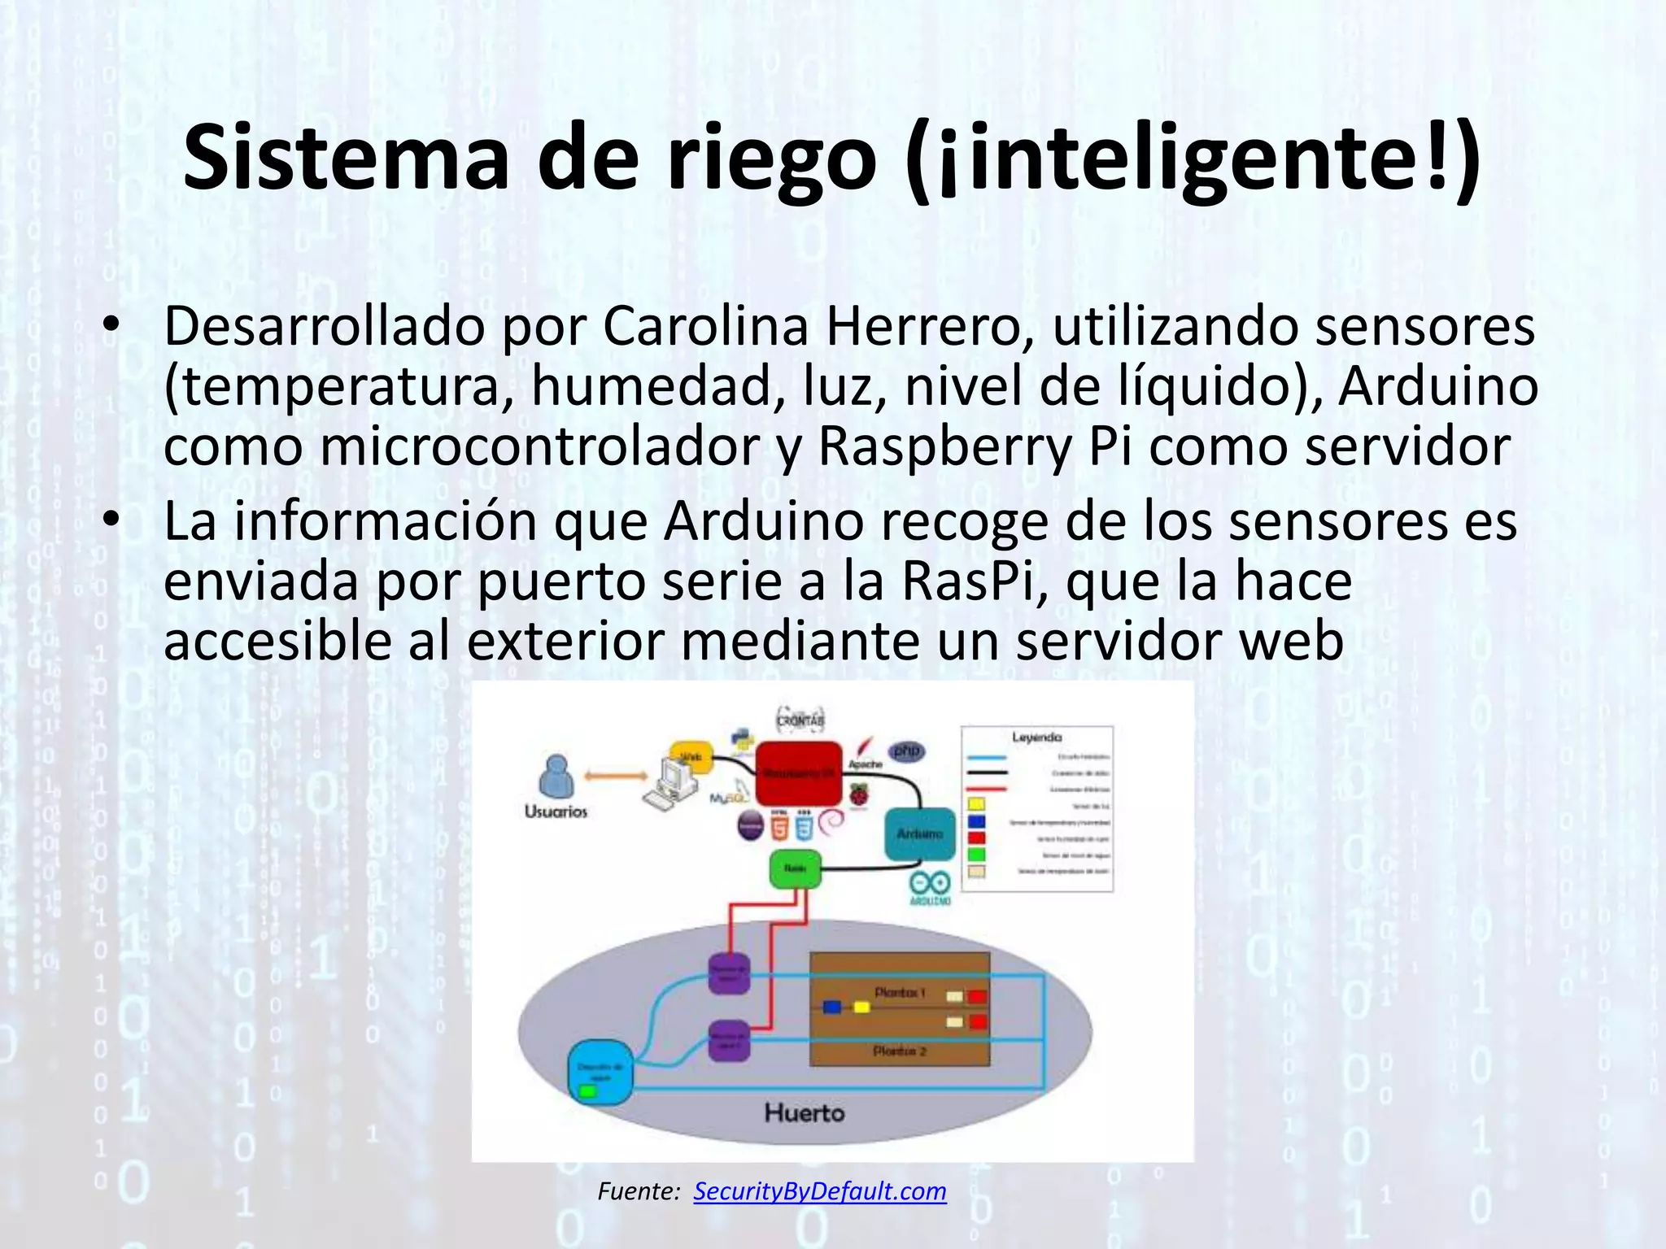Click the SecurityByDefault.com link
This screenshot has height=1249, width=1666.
pos(820,1191)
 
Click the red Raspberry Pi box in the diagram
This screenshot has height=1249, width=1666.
pos(798,772)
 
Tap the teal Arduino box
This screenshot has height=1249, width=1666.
pos(920,833)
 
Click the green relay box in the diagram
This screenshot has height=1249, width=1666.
pos(795,869)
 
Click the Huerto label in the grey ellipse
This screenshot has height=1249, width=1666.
pos(805,1112)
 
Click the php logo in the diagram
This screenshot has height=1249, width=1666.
pos(905,751)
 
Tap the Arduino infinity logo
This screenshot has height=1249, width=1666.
pos(930,884)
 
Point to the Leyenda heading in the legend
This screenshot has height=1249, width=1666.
pos(1036,738)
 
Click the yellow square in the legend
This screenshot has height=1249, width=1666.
pos(976,804)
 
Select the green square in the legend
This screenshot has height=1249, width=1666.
pos(976,855)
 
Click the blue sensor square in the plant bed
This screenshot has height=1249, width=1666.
pos(831,1007)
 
